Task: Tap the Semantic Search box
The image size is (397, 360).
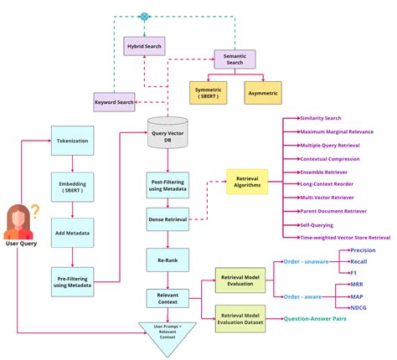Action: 235,59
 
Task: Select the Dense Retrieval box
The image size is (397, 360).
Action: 168,220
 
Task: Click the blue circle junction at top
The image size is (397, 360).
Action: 144,16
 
